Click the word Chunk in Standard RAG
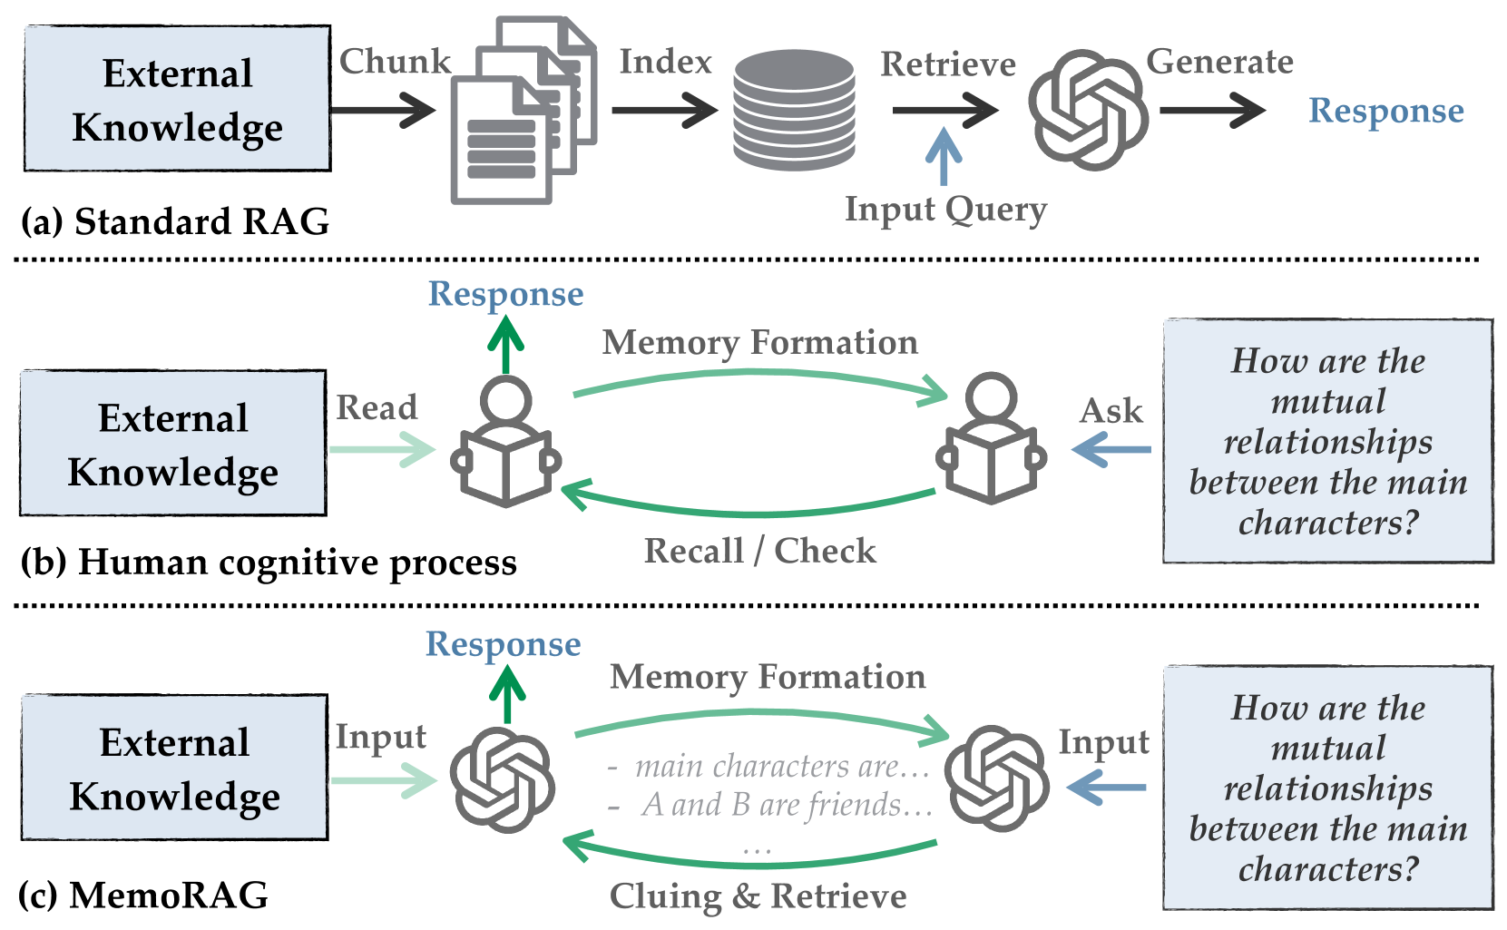click(395, 62)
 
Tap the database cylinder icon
click(794, 110)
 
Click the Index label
click(665, 62)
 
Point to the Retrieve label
click(948, 64)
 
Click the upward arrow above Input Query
click(944, 156)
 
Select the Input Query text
click(945, 210)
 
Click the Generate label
click(1219, 62)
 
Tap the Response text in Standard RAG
click(1385, 111)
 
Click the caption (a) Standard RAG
click(175, 222)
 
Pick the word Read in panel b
click(377, 407)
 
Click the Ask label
click(1111, 411)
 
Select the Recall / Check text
click(760, 551)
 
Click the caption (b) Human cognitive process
click(269, 563)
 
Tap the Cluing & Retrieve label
click(758, 896)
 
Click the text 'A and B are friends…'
click(786, 805)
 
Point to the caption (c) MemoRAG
click(143, 896)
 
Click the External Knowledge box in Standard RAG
click(177, 99)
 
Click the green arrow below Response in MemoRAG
click(507, 695)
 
